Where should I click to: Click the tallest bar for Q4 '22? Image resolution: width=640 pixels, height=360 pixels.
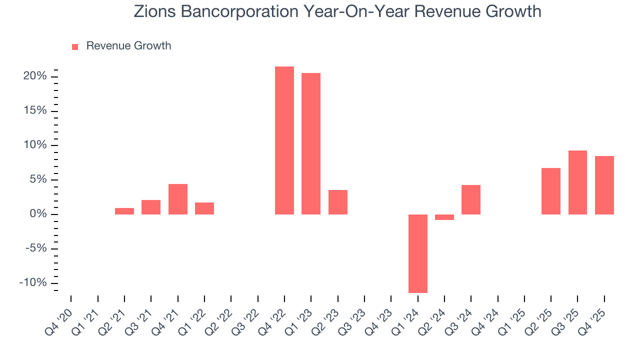pyautogui.click(x=284, y=140)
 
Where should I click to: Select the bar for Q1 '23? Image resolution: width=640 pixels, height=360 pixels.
pyautogui.click(x=311, y=143)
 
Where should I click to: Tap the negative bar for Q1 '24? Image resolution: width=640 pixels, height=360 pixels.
pyautogui.click(x=418, y=253)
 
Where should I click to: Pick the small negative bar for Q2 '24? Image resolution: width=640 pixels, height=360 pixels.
pyautogui.click(x=444, y=217)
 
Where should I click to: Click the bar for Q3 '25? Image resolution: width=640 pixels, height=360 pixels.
pyautogui.click(x=577, y=182)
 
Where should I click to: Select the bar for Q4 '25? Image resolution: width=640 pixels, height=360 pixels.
pyautogui.click(x=604, y=185)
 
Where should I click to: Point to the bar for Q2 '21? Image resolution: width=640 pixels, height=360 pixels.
pyautogui.click(x=124, y=211)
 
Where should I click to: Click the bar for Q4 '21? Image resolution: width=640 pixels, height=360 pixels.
pyautogui.click(x=178, y=199)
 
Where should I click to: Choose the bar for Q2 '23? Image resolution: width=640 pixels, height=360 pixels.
pyautogui.click(x=338, y=202)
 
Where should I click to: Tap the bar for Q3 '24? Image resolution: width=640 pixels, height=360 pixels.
pyautogui.click(x=471, y=199)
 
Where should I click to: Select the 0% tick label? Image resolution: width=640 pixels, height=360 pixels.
pyautogui.click(x=39, y=214)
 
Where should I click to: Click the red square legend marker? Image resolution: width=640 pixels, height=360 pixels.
pyautogui.click(x=75, y=46)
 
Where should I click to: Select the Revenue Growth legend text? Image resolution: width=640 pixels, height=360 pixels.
pyautogui.click(x=128, y=46)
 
